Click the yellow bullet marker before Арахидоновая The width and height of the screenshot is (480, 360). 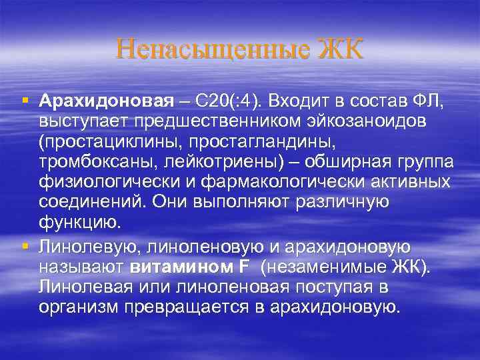tap(25, 101)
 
